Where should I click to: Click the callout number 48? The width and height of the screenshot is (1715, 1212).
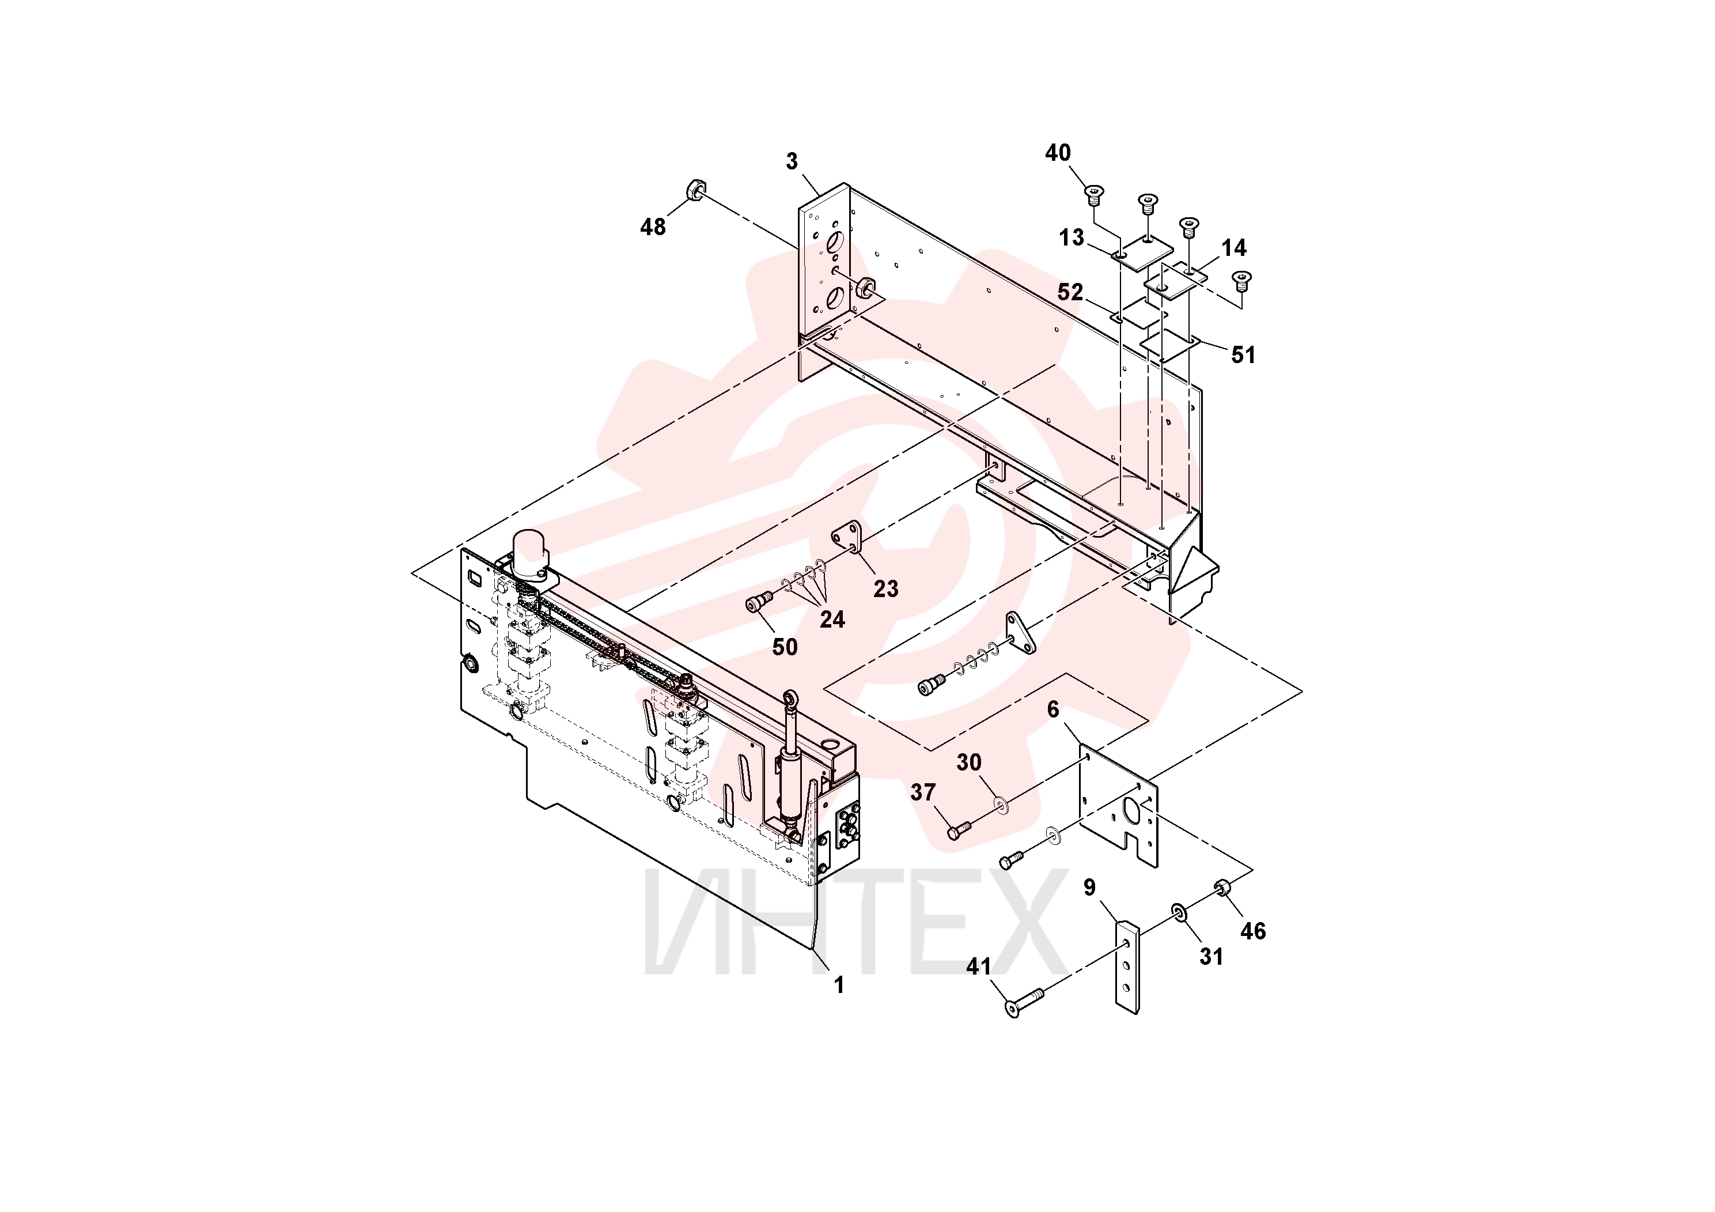653,227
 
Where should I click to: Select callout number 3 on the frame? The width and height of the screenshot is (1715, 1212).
792,161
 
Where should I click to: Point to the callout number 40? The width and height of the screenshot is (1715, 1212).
1058,153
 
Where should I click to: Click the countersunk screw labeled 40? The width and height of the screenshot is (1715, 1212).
1095,197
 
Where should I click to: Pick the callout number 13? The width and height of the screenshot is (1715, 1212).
1071,237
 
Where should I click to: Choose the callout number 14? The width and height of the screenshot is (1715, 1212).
1234,247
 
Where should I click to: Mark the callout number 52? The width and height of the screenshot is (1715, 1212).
1070,292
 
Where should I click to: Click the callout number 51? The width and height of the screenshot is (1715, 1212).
1243,355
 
